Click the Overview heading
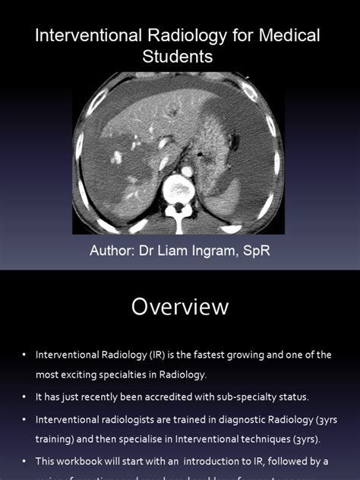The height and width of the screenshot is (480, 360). pyautogui.click(x=179, y=306)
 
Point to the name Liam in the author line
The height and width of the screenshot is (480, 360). pyautogui.click(x=172, y=251)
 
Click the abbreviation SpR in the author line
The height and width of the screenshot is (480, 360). pyautogui.click(x=254, y=251)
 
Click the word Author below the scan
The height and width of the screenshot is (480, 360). pyautogui.click(x=112, y=251)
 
